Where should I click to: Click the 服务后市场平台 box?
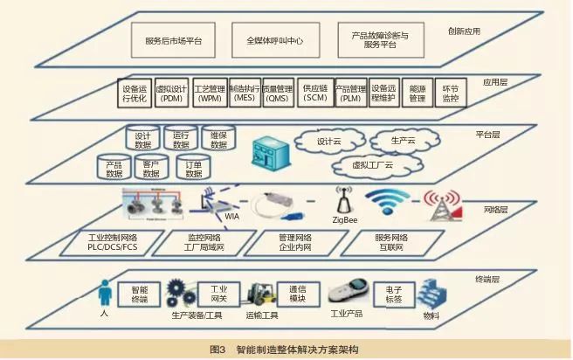pyautogui.click(x=176, y=39)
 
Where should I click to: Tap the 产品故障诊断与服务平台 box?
pyautogui.click(x=380, y=39)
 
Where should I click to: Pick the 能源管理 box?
pyautogui.click(x=418, y=93)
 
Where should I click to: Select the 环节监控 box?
pyautogui.click(x=451, y=93)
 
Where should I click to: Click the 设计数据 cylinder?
pyautogui.click(x=143, y=140)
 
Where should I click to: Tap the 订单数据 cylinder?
pyautogui.click(x=195, y=168)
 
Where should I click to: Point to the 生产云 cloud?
pyautogui.click(x=402, y=141)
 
